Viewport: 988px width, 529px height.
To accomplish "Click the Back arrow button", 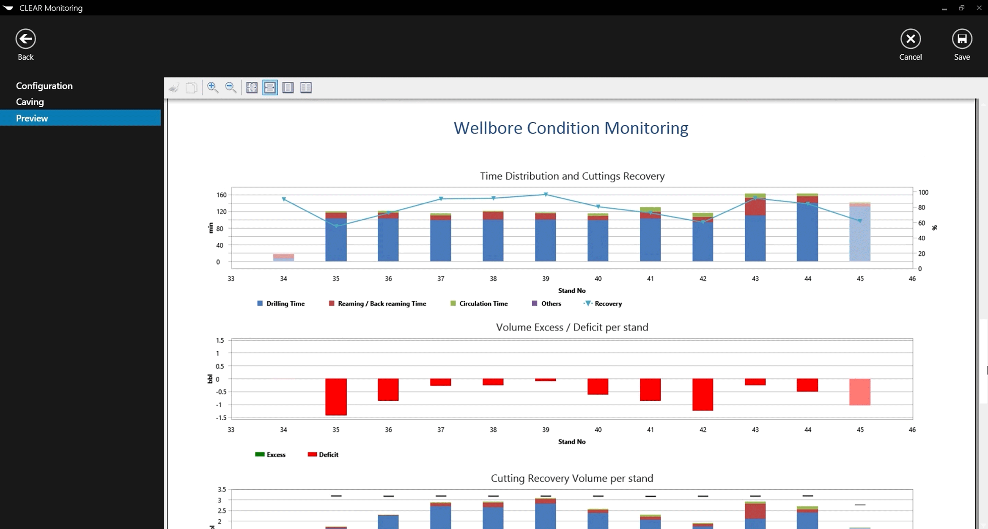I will tap(25, 39).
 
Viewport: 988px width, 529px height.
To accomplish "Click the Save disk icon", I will tap(962, 39).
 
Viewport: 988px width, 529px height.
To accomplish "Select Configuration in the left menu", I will tap(44, 86).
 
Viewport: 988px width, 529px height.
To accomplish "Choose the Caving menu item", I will tap(30, 102).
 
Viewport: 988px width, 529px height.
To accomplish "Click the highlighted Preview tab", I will tap(32, 118).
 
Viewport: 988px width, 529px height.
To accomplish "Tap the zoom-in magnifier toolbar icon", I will tap(212, 88).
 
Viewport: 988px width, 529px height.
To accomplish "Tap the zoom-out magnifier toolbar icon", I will tap(231, 88).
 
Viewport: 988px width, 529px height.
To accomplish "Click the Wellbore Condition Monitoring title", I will tap(571, 128).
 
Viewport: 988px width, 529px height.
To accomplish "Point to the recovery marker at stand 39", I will tap(546, 195).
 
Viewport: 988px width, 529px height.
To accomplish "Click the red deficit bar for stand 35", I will tap(336, 397).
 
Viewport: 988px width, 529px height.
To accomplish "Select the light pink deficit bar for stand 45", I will tap(860, 392).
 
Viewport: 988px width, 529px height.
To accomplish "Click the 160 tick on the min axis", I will tap(222, 195).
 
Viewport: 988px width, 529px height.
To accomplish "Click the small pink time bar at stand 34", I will tap(283, 257).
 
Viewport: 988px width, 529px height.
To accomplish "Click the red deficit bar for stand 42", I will tap(703, 394).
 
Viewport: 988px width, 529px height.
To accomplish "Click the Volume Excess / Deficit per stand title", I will tap(572, 328).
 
